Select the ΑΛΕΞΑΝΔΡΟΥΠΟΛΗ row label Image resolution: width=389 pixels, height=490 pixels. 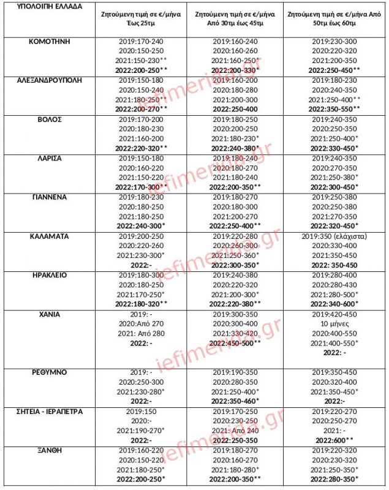[x=48, y=80]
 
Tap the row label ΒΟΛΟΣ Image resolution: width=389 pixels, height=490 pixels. [x=48, y=119]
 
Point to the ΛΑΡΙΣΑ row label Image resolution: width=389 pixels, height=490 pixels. [x=48, y=158]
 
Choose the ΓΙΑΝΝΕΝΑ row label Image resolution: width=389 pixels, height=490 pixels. [x=48, y=197]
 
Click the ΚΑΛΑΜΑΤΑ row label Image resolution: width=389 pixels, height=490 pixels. [x=48, y=236]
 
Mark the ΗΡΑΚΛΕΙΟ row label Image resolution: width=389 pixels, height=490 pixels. [x=48, y=275]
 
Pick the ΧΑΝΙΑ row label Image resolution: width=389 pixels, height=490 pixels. [x=48, y=314]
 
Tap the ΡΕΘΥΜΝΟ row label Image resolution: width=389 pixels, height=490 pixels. [x=48, y=372]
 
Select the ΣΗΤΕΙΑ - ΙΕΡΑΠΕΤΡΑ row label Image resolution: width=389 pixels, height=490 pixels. [x=48, y=411]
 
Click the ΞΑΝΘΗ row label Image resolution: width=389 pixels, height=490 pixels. [x=48, y=450]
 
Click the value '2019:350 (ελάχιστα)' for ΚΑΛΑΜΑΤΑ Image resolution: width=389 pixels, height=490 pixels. [x=334, y=236]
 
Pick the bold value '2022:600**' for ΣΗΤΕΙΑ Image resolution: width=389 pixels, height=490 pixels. [x=334, y=440]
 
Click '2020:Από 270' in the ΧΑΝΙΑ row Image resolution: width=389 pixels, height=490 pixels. [x=142, y=324]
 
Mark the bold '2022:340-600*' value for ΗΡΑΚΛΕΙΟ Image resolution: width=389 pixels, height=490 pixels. [x=334, y=304]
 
